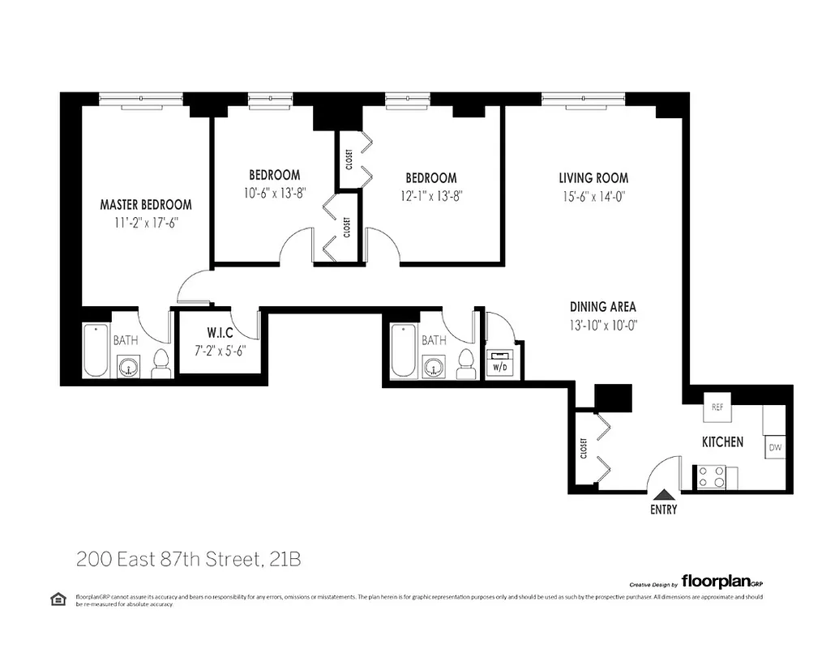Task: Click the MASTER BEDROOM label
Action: [x=146, y=205]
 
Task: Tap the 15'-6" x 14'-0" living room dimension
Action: [x=593, y=195]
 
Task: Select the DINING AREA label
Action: [x=602, y=307]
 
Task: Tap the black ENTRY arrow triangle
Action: [x=663, y=495]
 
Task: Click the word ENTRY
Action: [x=663, y=510]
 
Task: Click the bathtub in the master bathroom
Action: [x=96, y=351]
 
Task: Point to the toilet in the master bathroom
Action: [x=161, y=365]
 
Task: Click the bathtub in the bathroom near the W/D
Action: [x=403, y=351]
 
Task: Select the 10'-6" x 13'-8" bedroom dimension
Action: [x=274, y=193]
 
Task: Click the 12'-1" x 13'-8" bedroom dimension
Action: [x=430, y=195]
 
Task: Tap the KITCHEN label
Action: [x=722, y=442]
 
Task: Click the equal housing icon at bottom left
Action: [x=58, y=599]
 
